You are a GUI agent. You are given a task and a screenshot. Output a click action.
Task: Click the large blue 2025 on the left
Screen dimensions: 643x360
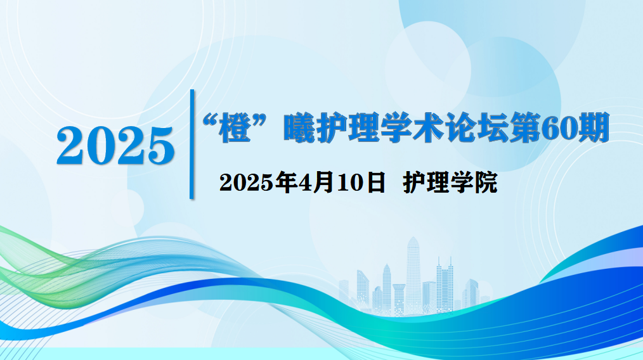point(115,146)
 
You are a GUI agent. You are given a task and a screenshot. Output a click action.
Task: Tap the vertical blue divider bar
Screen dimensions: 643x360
point(192,144)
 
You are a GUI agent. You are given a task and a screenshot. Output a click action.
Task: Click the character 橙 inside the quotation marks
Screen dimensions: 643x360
point(235,127)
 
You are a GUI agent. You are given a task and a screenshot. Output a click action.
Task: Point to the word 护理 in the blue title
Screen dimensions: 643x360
point(347,127)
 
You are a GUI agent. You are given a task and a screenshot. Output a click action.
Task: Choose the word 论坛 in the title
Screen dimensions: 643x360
point(476,127)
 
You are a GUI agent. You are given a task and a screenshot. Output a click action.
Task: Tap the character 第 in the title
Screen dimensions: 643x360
point(524,127)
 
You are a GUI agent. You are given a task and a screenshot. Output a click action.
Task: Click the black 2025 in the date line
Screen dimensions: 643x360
point(247,183)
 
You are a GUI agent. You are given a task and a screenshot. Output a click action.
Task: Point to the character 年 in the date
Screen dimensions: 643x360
point(286,182)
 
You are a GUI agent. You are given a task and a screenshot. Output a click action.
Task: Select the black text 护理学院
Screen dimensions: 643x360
point(450,182)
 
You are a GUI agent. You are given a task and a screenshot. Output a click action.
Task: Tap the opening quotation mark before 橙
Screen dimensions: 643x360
point(210,121)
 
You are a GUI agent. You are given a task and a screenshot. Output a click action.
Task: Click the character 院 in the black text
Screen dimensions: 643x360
point(486,182)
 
